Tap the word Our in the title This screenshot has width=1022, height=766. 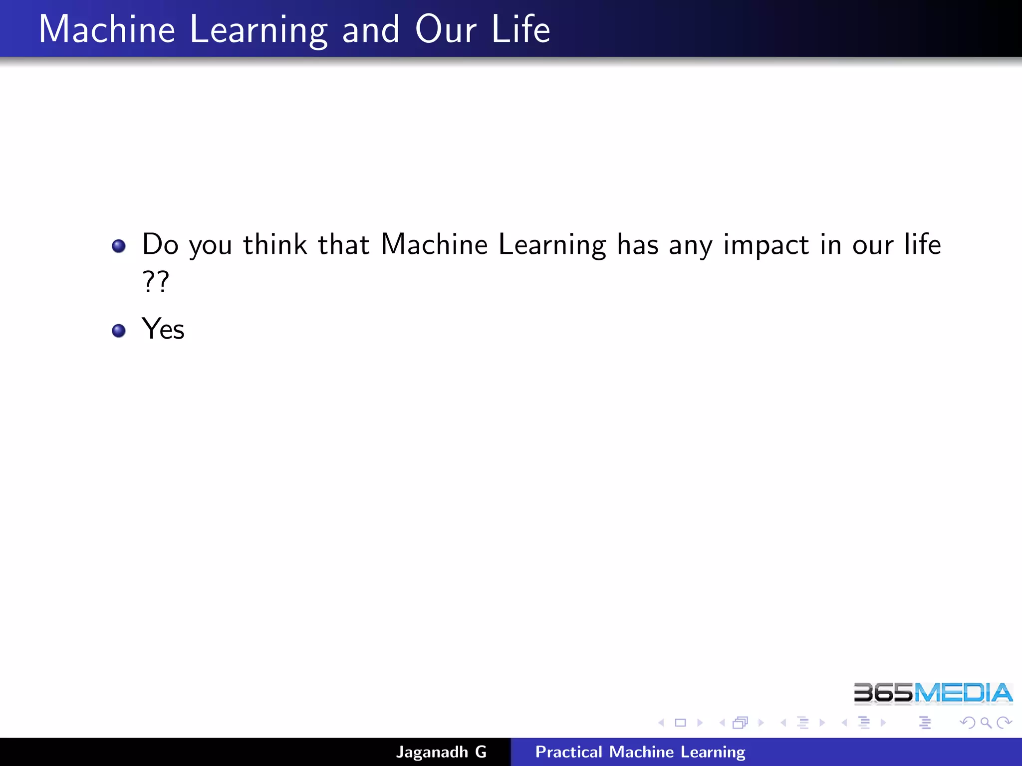446,30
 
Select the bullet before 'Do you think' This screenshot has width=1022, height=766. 119,246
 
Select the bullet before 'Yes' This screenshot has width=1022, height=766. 119,331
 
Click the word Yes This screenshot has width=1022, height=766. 163,329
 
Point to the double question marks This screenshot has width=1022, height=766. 156,282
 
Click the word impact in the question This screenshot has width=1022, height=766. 766,245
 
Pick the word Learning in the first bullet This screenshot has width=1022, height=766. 552,245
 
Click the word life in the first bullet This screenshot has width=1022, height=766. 923,244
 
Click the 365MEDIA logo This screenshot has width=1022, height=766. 933,693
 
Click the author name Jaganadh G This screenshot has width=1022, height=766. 441,752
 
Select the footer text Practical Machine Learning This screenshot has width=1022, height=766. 640,752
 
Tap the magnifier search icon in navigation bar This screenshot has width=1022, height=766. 986,723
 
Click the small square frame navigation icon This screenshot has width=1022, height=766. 680,723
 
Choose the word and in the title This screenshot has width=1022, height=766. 371,30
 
